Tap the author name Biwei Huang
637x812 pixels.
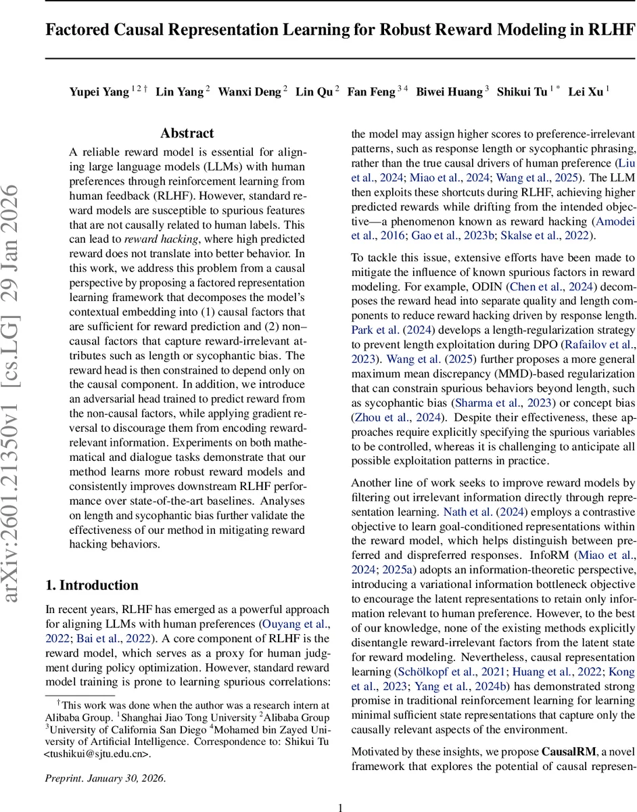[x=447, y=92]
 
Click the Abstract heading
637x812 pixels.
[x=187, y=133]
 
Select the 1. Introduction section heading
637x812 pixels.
[x=91, y=585]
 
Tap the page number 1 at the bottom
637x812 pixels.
[x=341, y=802]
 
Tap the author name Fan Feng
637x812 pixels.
[x=371, y=92]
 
